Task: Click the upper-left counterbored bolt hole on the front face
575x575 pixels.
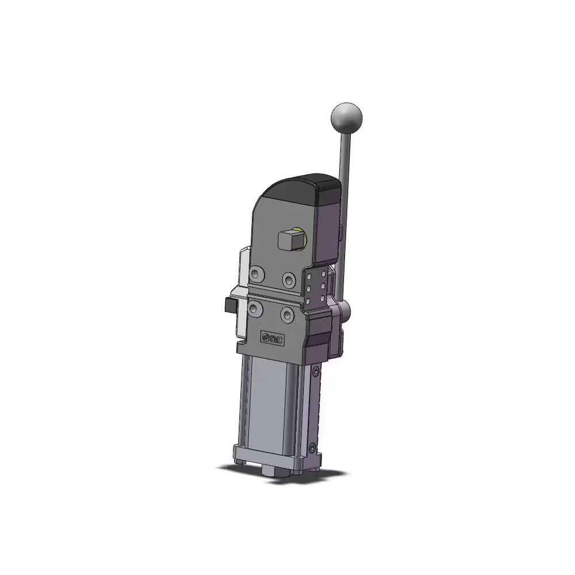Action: (x=258, y=272)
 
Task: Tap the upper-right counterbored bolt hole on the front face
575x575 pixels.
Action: (x=289, y=278)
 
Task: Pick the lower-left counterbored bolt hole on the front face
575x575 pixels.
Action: (x=255, y=309)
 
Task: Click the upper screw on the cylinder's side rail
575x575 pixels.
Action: (x=315, y=373)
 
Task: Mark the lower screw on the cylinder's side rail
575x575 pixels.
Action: (x=312, y=447)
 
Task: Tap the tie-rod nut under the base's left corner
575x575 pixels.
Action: (x=240, y=461)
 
